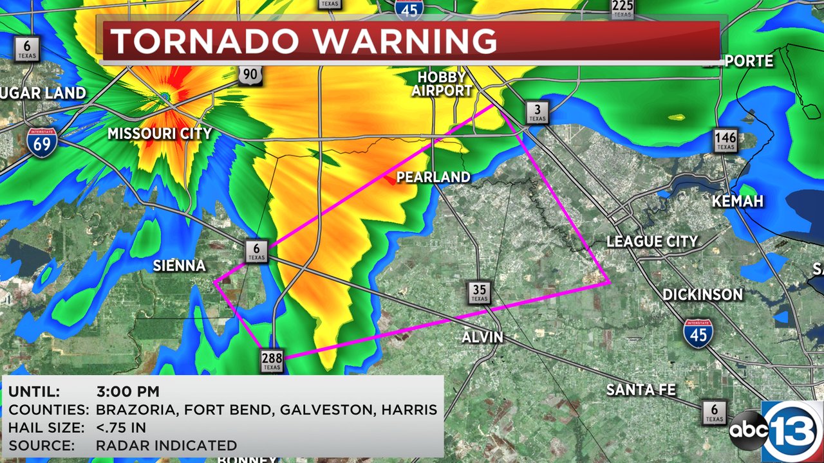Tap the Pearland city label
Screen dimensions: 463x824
point(433,177)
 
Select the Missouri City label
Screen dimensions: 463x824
point(160,134)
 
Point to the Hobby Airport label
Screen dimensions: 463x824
point(442,84)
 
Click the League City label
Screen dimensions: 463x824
point(652,242)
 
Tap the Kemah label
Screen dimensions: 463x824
point(737,201)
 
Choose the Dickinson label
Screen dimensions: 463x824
point(702,295)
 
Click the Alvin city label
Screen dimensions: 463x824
point(483,337)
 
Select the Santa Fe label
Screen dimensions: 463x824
point(641,390)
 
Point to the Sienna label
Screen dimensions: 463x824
point(179,266)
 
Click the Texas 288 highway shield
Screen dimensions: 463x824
point(272,361)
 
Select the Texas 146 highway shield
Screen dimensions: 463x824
point(725,140)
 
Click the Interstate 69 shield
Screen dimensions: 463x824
point(42,140)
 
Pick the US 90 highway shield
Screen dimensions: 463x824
point(248,75)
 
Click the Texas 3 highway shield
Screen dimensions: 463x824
point(536,112)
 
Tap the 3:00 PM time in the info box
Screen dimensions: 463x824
point(127,392)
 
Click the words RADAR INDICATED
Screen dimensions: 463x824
point(166,445)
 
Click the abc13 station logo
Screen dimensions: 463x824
point(776,430)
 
